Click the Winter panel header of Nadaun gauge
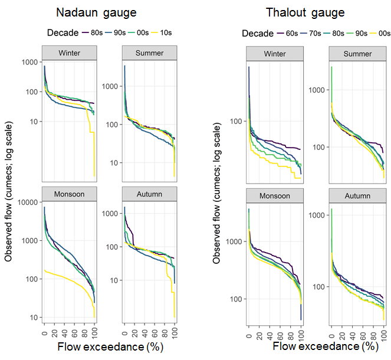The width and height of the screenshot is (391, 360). point(70,53)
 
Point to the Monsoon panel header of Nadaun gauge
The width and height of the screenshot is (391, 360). point(70,194)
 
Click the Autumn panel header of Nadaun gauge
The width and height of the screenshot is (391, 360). point(149,194)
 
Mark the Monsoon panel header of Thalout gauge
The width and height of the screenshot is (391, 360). point(275,196)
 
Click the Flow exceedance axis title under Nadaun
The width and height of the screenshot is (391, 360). point(104,348)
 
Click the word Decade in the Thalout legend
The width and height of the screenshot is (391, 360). point(258,34)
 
